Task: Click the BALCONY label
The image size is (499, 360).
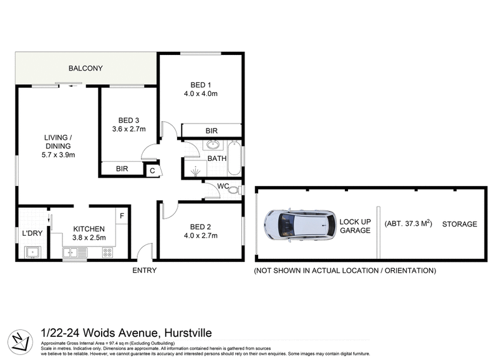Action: [85, 68]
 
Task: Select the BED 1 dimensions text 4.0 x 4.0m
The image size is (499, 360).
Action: [200, 94]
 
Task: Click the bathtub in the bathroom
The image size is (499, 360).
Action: [234, 158]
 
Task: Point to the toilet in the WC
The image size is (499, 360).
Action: [233, 191]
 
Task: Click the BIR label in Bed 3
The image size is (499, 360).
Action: [122, 168]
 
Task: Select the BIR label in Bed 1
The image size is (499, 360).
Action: [211, 130]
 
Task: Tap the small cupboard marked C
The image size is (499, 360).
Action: [152, 169]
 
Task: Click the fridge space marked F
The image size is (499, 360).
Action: [122, 216]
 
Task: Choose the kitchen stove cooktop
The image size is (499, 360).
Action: [107, 253]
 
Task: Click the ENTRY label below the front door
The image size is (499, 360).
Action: [144, 270]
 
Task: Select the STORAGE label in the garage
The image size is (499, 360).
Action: [460, 224]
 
